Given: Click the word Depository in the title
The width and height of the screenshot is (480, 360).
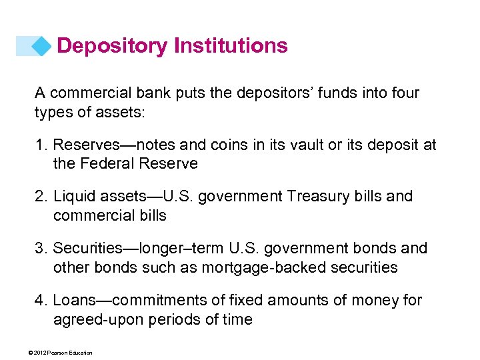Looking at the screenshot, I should [113, 46].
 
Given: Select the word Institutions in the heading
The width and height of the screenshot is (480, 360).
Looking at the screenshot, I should [231, 46].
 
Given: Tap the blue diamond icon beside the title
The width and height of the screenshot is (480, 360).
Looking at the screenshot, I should [42, 46].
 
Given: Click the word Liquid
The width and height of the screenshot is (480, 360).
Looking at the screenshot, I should [73, 197].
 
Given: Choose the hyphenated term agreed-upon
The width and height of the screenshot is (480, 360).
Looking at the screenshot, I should [96, 320].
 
